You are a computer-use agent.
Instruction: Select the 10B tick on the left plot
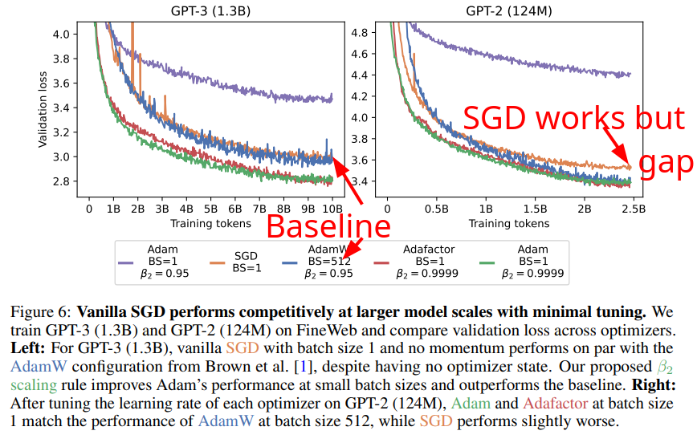[332, 209]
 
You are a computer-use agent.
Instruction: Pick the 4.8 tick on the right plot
[359, 34]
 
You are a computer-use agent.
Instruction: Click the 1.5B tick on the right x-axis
[534, 209]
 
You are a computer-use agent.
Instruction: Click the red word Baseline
[328, 227]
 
